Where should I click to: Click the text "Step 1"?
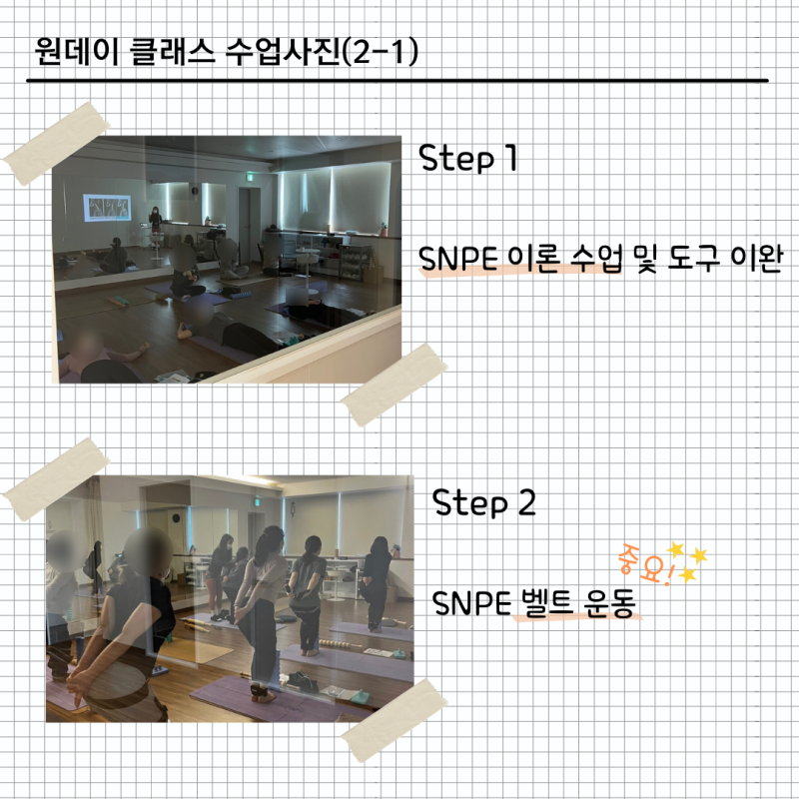pos(467,160)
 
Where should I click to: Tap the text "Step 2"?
pos(484,502)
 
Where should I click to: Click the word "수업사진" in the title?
pos(283,50)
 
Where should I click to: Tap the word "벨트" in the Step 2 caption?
pos(543,604)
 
